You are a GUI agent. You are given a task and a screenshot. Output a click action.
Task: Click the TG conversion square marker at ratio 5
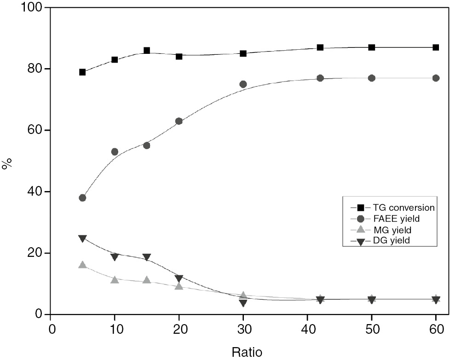[82, 72]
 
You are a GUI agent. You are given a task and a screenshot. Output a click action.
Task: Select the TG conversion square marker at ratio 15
[147, 51]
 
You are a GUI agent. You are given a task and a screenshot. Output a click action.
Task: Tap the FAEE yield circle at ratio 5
[82, 198]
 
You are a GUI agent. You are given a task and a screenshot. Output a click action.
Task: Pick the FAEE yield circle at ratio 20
[179, 121]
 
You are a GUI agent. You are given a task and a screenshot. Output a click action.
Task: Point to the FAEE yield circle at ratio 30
[243, 84]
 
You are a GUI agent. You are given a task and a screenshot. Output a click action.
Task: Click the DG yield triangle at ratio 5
[82, 238]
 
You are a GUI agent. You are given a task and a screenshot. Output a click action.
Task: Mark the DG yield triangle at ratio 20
[179, 279]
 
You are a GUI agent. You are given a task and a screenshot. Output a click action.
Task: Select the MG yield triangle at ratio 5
[82, 265]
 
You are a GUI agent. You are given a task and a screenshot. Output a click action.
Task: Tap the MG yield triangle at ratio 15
[147, 280]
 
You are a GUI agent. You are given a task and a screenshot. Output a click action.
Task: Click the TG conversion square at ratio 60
[436, 47]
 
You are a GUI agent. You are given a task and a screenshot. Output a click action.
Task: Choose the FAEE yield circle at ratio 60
[436, 78]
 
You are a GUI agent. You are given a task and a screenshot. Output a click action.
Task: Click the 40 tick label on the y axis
[36, 192]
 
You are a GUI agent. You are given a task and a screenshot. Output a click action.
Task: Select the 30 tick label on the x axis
[243, 330]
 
